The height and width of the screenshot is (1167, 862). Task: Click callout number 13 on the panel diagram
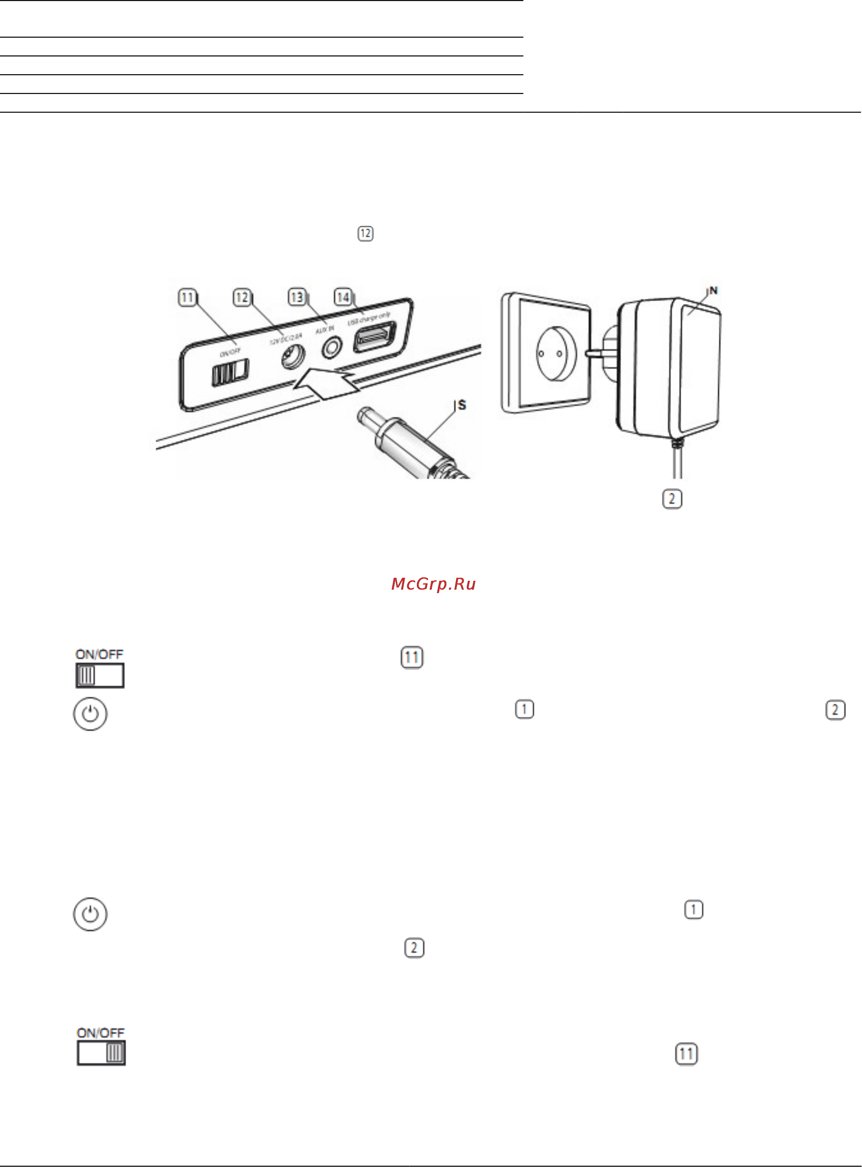click(x=296, y=298)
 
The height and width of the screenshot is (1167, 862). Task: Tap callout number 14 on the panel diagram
click(x=342, y=298)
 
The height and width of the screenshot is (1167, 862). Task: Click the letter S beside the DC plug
click(x=462, y=405)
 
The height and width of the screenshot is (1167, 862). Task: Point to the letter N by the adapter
click(x=713, y=291)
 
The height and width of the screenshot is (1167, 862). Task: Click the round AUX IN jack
click(x=331, y=347)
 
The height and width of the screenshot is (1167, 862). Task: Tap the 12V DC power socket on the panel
click(x=292, y=357)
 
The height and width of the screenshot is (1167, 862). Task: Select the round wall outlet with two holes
click(x=557, y=353)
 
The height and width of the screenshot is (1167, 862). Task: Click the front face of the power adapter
click(x=701, y=368)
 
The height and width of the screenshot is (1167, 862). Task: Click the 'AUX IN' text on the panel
click(x=324, y=329)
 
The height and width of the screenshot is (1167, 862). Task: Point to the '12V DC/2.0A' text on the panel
click(x=286, y=339)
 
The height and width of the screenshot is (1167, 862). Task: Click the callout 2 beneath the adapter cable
click(x=671, y=499)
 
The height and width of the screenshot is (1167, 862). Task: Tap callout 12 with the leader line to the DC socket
click(x=242, y=298)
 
